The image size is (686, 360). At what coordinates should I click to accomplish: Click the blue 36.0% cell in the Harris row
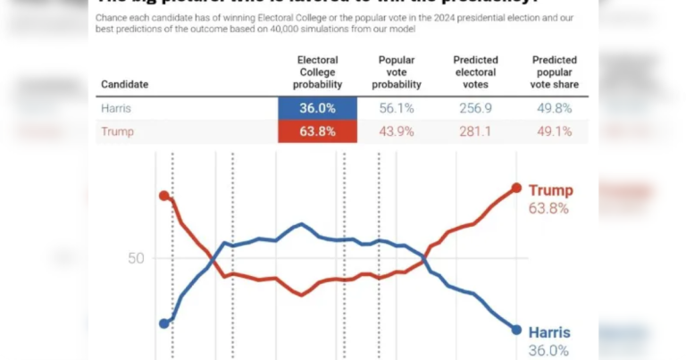pos(317,108)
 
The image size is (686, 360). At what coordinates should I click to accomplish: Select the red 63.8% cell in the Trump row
pos(317,131)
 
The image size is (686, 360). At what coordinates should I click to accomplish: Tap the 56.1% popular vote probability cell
pos(396,108)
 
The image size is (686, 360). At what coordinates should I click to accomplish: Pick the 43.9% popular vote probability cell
pos(396,131)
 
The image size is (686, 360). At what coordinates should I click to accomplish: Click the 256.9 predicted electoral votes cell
pos(475,108)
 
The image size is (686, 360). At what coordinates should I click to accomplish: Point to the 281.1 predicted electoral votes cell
pos(475,131)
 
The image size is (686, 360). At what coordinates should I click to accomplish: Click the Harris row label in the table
pos(119,108)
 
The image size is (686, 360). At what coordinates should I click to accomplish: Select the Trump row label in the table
pos(117,131)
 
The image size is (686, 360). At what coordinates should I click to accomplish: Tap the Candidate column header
pos(124,85)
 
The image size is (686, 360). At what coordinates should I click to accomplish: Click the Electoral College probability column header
pos(317,72)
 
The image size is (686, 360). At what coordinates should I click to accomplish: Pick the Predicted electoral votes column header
pos(475,72)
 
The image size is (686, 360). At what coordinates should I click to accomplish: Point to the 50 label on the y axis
pos(135,259)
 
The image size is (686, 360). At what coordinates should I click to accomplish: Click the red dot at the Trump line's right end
pos(516,188)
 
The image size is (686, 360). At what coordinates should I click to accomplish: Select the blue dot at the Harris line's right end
pos(516,330)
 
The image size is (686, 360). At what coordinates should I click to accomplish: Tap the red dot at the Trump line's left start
pos(163,196)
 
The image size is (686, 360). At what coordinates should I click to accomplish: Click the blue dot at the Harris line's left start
pos(163,323)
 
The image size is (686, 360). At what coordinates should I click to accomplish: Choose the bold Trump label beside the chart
pos(551,190)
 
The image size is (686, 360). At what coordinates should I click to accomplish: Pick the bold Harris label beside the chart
pos(548,332)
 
